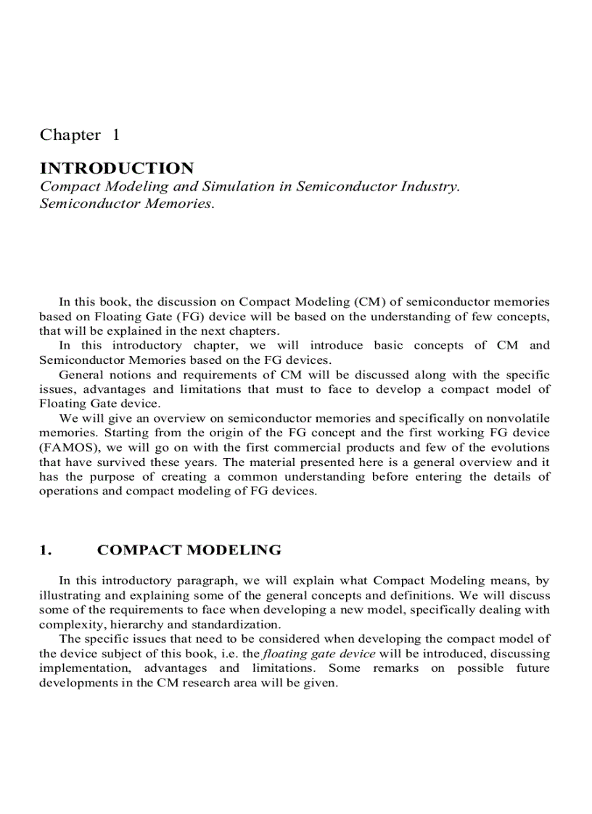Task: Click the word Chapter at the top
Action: (x=70, y=135)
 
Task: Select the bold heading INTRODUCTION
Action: (x=117, y=169)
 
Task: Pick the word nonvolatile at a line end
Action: (x=518, y=418)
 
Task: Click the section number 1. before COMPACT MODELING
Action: (x=46, y=550)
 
